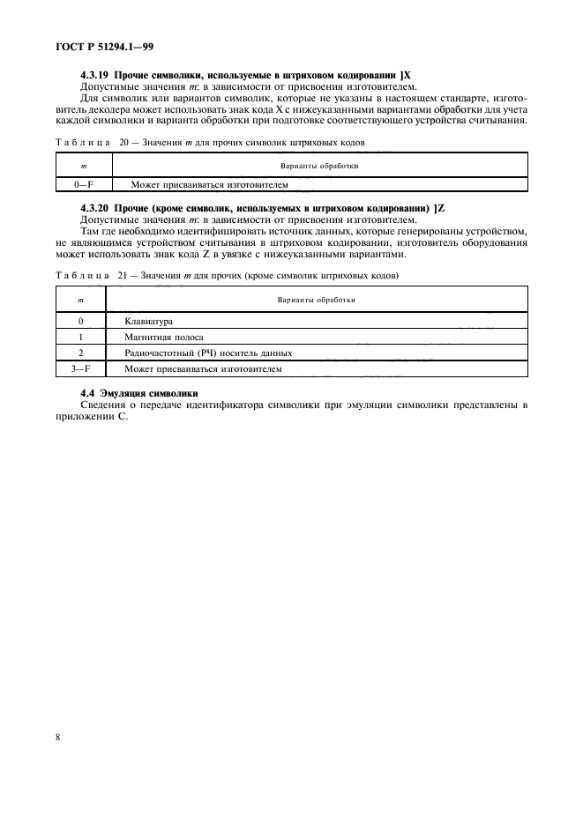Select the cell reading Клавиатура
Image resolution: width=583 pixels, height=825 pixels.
[149, 321]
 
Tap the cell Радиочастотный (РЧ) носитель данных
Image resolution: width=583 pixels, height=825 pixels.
[208, 353]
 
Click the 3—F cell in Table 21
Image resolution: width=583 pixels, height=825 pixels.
[80, 369]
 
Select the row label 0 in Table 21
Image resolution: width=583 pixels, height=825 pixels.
[80, 321]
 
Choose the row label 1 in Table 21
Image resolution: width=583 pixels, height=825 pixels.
[80, 337]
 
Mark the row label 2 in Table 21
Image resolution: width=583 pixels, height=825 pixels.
[80, 353]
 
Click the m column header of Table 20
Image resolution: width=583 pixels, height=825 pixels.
[84, 165]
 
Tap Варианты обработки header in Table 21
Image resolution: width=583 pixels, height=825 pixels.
[317, 299]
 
